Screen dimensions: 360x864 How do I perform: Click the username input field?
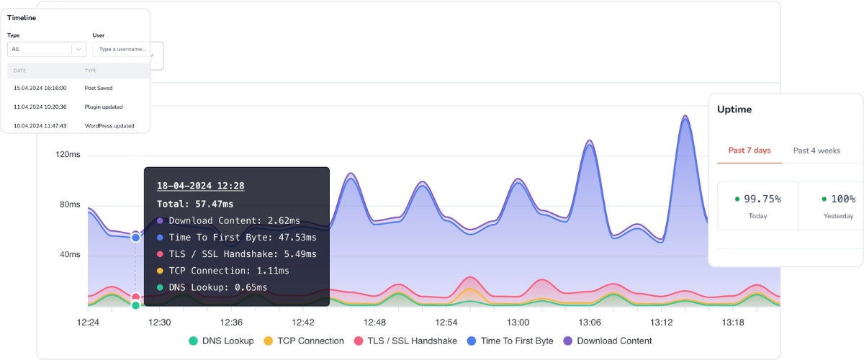(x=121, y=49)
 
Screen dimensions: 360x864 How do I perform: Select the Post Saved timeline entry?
(x=98, y=88)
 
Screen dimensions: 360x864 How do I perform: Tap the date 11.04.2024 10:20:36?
(x=40, y=107)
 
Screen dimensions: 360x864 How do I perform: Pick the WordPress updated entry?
(x=109, y=125)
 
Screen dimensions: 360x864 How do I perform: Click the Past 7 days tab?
(x=749, y=150)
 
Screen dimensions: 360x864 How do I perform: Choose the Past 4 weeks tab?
(x=816, y=150)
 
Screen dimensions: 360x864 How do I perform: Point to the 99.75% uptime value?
(x=762, y=199)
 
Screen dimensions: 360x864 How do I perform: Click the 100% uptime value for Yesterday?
(x=842, y=199)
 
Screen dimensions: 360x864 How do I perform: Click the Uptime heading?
(x=734, y=109)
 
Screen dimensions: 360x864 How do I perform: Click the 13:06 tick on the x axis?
(x=590, y=322)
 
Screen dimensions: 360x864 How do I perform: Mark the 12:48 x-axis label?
(x=374, y=322)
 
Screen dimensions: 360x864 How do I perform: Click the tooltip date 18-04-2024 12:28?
(x=200, y=186)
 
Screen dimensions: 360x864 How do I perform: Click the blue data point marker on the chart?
(x=135, y=237)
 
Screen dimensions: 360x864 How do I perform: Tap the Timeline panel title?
(x=22, y=18)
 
